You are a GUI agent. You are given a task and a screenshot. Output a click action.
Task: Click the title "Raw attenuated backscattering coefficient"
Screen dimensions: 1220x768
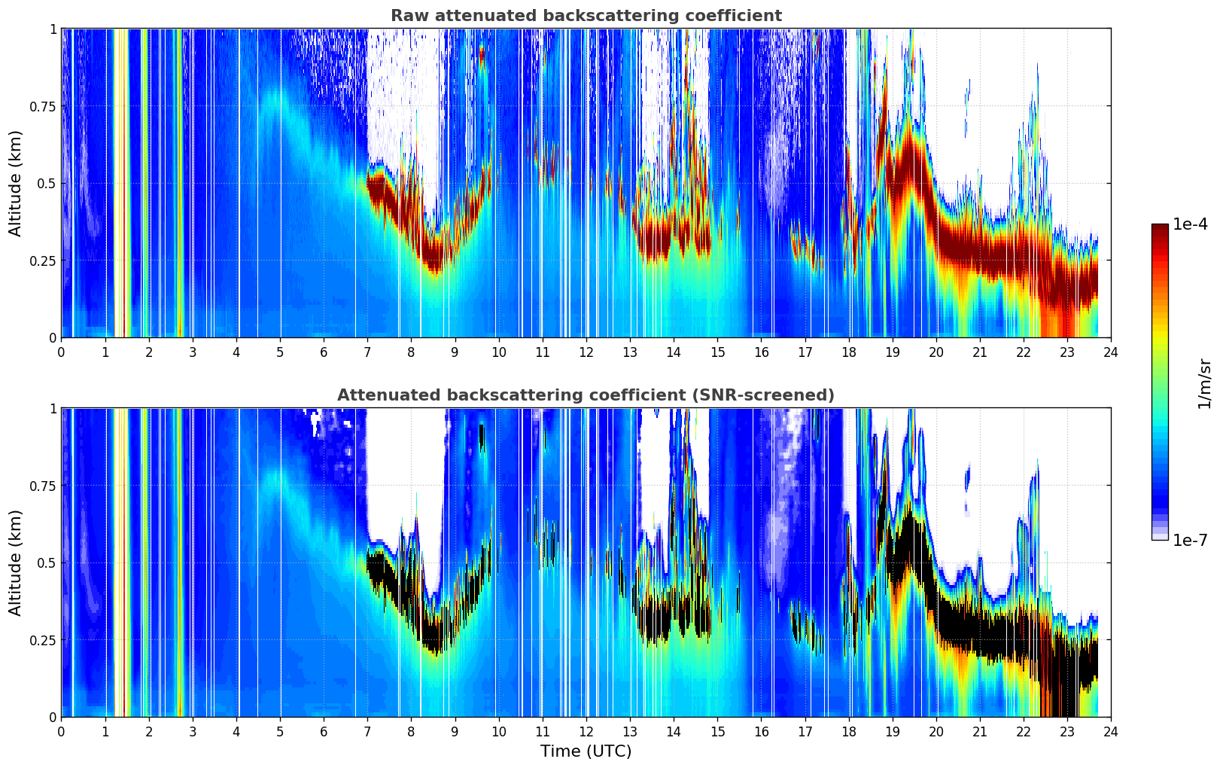[x=586, y=16]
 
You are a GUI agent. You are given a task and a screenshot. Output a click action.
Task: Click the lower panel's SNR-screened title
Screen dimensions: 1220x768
[x=586, y=395]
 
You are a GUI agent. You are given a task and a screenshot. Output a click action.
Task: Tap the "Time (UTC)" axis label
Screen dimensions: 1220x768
[x=586, y=751]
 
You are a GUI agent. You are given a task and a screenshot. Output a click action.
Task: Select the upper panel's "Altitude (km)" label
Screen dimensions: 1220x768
[x=15, y=184]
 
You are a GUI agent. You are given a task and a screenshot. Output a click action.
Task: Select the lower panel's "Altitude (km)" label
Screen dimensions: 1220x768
[x=15, y=562]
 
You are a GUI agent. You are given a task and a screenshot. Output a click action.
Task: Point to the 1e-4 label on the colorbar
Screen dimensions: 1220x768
[x=1189, y=224]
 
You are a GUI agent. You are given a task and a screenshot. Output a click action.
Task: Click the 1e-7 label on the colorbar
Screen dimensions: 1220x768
[x=1189, y=540]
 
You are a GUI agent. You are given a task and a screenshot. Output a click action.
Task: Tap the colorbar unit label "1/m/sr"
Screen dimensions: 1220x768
[x=1204, y=383]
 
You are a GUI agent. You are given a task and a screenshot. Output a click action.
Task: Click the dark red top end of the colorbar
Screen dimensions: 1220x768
[x=1160, y=227]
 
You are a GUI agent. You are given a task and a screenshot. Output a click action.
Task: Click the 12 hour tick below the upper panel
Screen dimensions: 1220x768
[x=586, y=352]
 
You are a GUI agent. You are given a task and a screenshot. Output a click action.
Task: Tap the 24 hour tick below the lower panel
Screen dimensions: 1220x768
[x=1111, y=731]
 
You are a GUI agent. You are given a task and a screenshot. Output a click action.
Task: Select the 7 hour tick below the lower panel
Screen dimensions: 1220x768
[x=367, y=731]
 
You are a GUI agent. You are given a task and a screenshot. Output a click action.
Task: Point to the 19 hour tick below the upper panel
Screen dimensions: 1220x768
[x=892, y=352]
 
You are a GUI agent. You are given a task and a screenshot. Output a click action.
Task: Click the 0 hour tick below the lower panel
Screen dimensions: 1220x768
[x=62, y=731]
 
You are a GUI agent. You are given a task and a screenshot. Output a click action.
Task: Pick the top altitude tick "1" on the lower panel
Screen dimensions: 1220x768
[x=53, y=409]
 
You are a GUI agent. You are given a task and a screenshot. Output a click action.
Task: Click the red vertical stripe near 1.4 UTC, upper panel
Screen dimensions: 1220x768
[x=124, y=183]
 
